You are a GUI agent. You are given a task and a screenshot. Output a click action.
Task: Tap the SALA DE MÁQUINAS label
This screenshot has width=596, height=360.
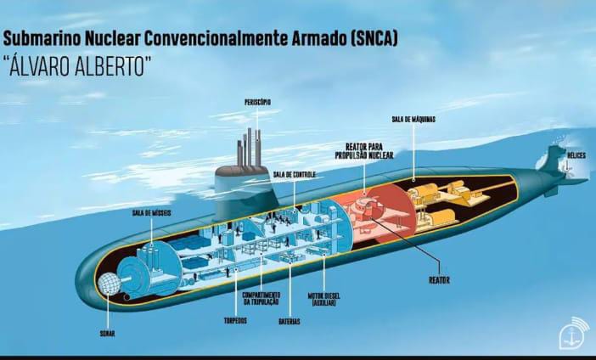[413, 120]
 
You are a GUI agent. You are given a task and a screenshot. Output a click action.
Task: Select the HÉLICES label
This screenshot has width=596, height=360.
[577, 155]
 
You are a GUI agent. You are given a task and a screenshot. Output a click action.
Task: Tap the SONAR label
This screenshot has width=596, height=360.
[107, 333]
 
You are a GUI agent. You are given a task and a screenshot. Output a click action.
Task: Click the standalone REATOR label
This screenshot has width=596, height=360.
[439, 279]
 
